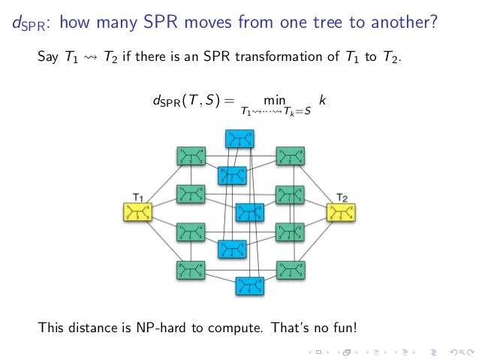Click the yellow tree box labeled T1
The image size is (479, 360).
point(138,212)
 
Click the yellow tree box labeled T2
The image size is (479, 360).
point(341,212)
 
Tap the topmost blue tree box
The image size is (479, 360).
point(240,139)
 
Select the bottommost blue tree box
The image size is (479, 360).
point(249,285)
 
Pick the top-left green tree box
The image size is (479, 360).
point(191,156)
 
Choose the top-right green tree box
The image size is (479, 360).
point(290,156)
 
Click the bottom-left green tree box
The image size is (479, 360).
point(191,268)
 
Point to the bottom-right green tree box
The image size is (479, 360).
point(290,268)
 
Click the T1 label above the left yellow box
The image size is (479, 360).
point(138,197)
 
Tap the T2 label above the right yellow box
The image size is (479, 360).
point(342,197)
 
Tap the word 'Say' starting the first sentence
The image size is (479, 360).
point(47,56)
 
